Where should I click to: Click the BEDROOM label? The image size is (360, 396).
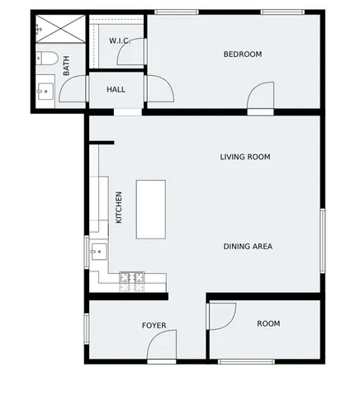click(243, 54)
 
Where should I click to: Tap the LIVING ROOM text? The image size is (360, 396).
click(245, 157)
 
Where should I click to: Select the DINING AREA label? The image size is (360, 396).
click(248, 246)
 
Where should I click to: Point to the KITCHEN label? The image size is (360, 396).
click(119, 208)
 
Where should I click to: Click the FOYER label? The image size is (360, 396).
click(154, 326)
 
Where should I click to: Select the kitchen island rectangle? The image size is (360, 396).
click(151, 209)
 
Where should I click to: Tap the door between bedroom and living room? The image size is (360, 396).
click(261, 96)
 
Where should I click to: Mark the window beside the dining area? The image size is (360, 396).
click(323, 239)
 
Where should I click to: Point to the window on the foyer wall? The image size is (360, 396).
click(86, 326)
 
